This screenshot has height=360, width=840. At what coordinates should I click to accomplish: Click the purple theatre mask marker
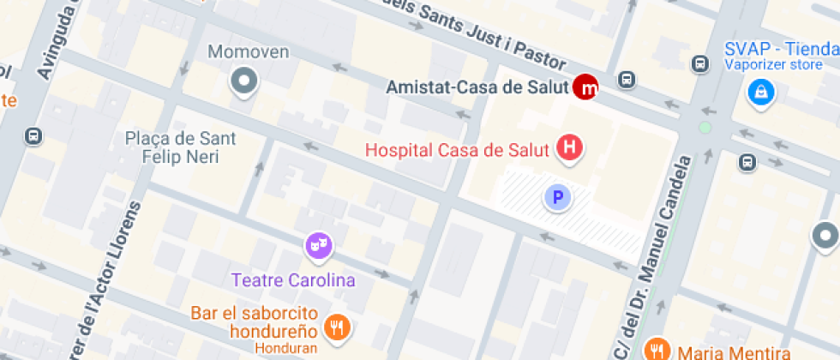pos(318,247)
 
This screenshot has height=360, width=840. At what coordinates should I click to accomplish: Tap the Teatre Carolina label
pos(293,280)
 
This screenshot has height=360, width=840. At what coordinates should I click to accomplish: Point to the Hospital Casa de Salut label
pos(457,150)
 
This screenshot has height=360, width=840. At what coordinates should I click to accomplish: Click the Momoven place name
pos(249,52)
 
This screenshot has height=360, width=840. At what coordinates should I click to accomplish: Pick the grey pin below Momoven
pos(245,82)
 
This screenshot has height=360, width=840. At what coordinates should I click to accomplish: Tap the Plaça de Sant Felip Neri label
pos(180,147)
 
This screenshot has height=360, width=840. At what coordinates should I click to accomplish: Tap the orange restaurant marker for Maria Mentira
pos(657,349)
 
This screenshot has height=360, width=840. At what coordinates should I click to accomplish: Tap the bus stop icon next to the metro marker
pos(627,80)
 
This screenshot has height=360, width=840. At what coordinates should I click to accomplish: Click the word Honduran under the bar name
pos(286,347)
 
